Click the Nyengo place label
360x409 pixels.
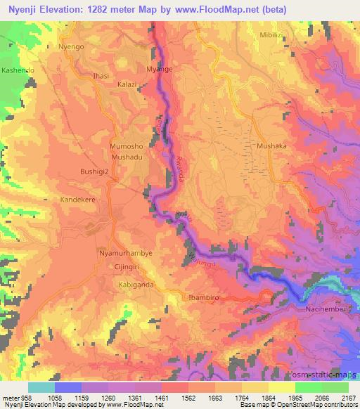[x=71, y=46]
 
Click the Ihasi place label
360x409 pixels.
[x=102, y=74]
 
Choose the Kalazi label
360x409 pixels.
[x=128, y=84]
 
